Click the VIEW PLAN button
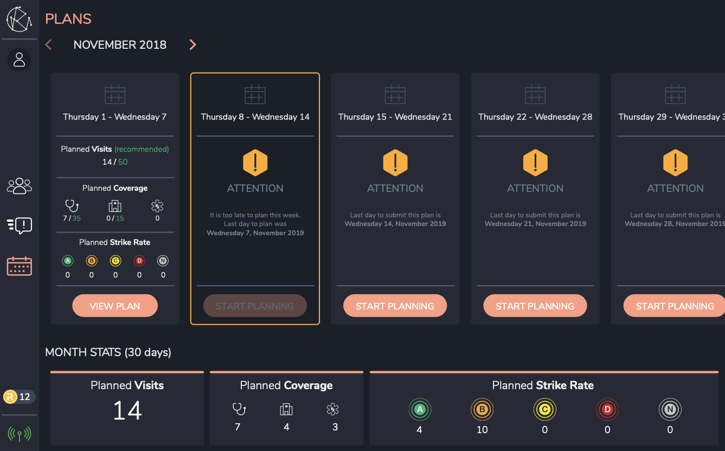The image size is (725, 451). tap(115, 306)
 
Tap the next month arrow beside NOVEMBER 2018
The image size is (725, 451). tap(193, 45)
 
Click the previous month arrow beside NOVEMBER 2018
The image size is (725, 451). tap(48, 45)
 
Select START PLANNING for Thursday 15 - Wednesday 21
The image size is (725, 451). tap(395, 306)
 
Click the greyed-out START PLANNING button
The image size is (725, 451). tap(255, 306)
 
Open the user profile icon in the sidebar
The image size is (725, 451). tap(20, 59)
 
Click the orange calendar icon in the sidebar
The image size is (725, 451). tap(20, 266)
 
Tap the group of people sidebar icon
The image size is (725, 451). tap(20, 186)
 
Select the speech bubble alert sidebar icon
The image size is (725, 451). tap(20, 225)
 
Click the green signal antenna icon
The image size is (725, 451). tap(20, 434)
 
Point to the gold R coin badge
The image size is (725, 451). tap(10, 397)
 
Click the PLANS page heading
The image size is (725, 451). tap(68, 19)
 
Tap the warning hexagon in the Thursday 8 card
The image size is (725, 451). tap(255, 162)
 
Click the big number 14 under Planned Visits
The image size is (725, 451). tap(127, 411)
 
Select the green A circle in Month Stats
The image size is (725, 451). tap(419, 410)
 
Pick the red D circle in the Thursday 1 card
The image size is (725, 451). tap(139, 261)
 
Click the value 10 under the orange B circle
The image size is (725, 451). tap(482, 430)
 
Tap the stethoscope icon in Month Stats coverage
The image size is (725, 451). tap(238, 409)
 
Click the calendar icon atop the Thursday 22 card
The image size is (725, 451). tap(535, 95)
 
